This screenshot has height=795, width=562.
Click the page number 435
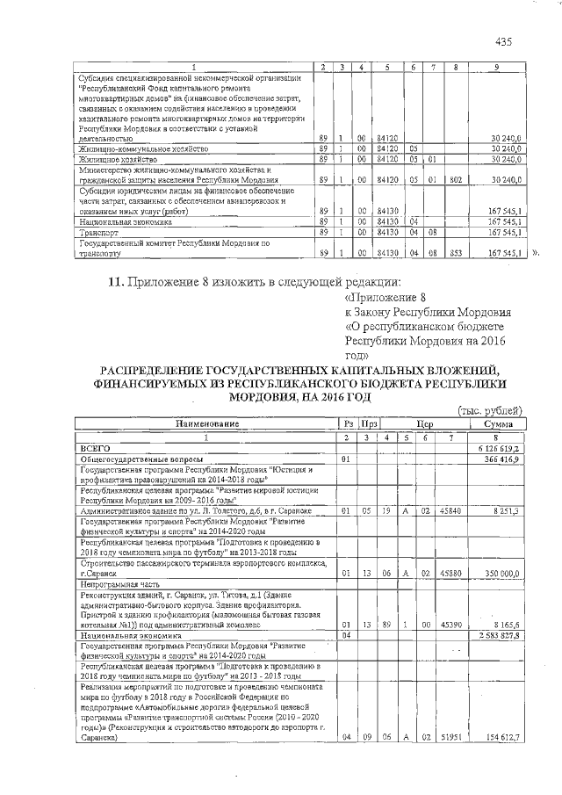click(x=503, y=42)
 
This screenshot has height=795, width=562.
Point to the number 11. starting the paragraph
click(x=116, y=282)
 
